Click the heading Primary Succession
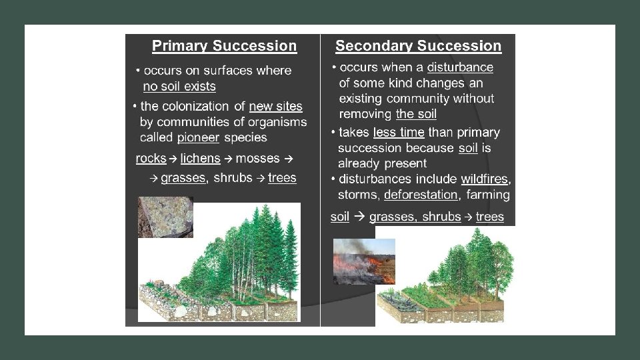tap(224, 46)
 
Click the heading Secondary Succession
tap(418, 46)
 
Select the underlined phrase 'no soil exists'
tap(179, 87)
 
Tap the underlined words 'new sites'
tap(275, 106)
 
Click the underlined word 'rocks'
tap(151, 159)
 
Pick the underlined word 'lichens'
tap(200, 159)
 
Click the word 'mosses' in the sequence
tap(257, 159)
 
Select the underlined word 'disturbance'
tap(460, 67)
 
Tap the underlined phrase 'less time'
tap(399, 132)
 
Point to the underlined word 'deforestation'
tap(421, 195)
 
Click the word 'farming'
tap(488, 195)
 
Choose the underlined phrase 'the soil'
tap(416, 114)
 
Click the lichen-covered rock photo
tap(165, 217)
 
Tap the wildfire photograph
tap(363, 261)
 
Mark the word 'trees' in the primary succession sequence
tap(282, 178)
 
